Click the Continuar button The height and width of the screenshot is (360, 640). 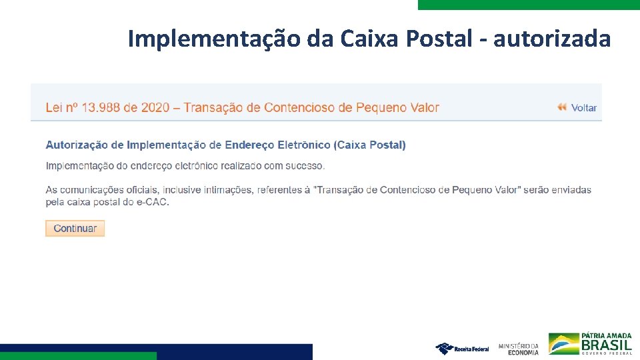(75, 228)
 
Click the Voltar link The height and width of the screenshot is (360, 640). (584, 107)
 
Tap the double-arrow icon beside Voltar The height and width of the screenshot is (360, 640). (562, 107)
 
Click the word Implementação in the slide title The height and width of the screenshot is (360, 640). (214, 39)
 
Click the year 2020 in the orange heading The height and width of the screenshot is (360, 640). (155, 107)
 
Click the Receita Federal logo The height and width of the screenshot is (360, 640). (462, 348)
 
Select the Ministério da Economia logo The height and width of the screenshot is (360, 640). (518, 348)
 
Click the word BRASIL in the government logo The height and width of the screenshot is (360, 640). (606, 345)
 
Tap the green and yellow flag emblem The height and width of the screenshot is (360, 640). (563, 344)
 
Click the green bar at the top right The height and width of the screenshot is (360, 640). (529, 4)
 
